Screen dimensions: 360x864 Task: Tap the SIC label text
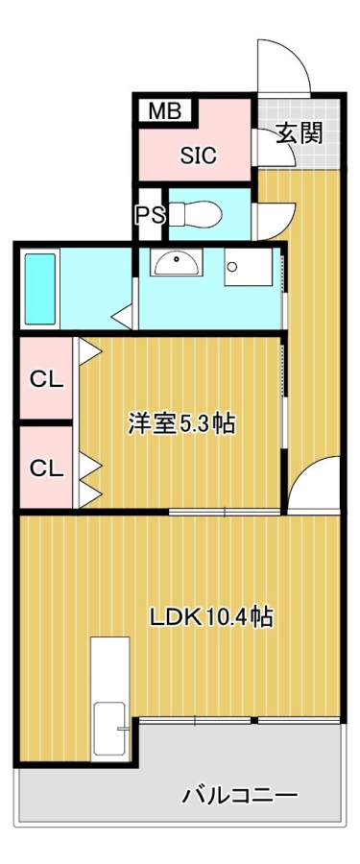199,156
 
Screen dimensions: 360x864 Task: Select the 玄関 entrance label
299,132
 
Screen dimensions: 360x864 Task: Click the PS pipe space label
151,215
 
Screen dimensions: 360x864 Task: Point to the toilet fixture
195,214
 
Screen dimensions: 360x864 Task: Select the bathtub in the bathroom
39,289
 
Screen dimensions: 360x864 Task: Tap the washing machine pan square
248,267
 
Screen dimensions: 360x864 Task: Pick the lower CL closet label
47,468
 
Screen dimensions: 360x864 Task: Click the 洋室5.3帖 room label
182,425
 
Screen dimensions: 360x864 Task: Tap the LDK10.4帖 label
212,617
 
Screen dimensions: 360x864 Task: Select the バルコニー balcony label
241,795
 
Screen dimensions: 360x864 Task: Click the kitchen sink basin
110,729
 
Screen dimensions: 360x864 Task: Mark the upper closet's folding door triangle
88,351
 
